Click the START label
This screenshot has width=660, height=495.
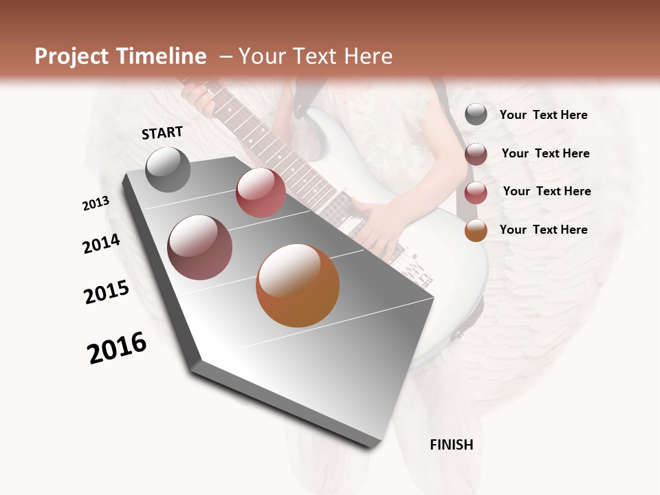click(x=162, y=133)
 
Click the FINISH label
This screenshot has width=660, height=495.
click(x=452, y=445)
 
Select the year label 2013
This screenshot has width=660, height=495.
click(x=96, y=203)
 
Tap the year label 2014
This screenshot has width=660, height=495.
click(x=101, y=243)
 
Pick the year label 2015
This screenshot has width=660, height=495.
click(x=107, y=292)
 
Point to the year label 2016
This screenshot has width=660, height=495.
click(x=117, y=348)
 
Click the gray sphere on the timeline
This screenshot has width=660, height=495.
click(x=168, y=169)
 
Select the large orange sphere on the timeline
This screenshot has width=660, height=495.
click(x=298, y=285)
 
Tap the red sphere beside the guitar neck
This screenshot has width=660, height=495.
click(x=261, y=192)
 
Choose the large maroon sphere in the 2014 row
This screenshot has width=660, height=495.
click(x=200, y=247)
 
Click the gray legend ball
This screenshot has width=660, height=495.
click(x=476, y=115)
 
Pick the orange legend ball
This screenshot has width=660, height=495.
click(x=476, y=230)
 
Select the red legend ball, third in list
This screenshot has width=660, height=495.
click(x=476, y=192)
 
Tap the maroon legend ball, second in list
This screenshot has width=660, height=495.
click(x=476, y=154)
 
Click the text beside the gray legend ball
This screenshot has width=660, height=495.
click(x=543, y=115)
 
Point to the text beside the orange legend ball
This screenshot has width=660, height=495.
click(x=543, y=230)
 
